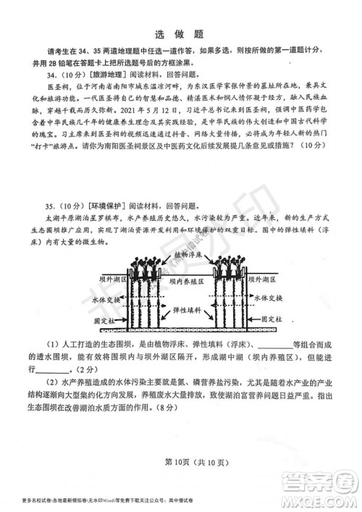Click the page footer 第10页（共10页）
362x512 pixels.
point(182,463)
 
